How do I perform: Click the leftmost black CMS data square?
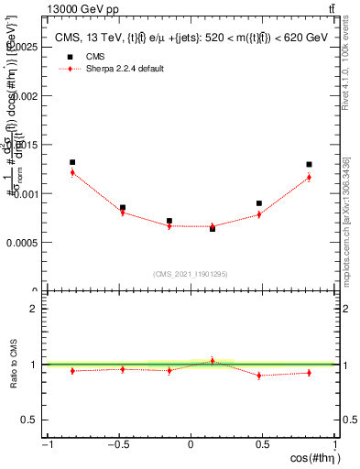point(72,162)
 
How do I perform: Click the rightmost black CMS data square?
point(310,165)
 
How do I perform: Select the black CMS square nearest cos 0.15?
point(213,228)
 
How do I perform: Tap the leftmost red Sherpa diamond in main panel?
point(72,172)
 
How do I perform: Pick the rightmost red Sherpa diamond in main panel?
point(310,177)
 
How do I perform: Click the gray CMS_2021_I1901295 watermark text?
point(191,273)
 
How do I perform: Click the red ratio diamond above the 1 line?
point(213,361)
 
